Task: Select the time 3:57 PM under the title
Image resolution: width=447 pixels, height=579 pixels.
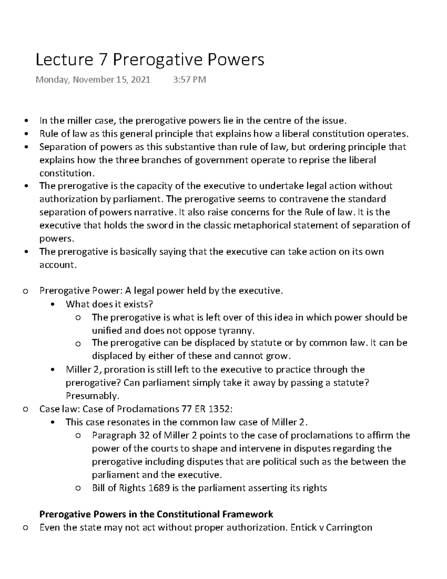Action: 190,79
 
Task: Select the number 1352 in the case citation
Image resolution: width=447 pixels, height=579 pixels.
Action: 219,409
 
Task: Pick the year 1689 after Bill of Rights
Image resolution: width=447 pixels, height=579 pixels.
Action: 159,488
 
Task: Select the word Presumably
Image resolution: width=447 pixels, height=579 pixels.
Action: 92,396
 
